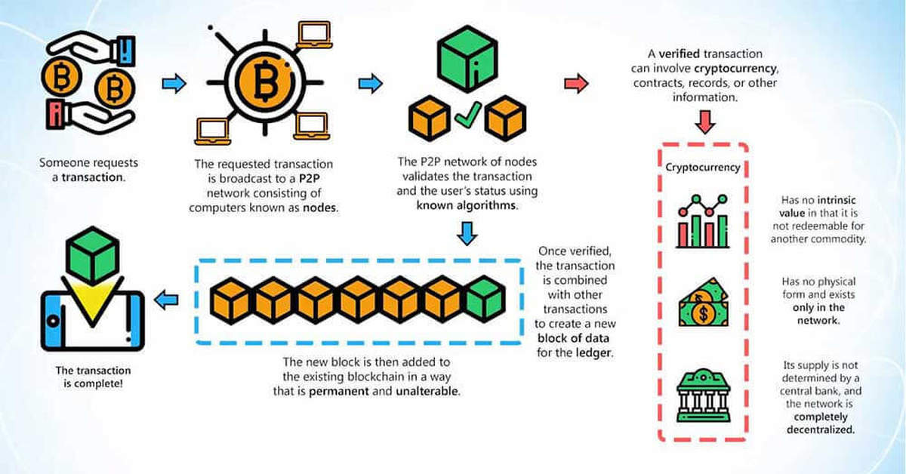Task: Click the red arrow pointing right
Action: tap(576, 83)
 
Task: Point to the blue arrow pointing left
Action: tap(166, 300)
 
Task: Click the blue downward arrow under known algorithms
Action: tap(468, 235)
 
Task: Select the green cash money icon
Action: tap(703, 303)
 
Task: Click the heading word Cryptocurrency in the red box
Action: tap(703, 167)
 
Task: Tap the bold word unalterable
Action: tap(430, 391)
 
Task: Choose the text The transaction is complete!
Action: tap(93, 377)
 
